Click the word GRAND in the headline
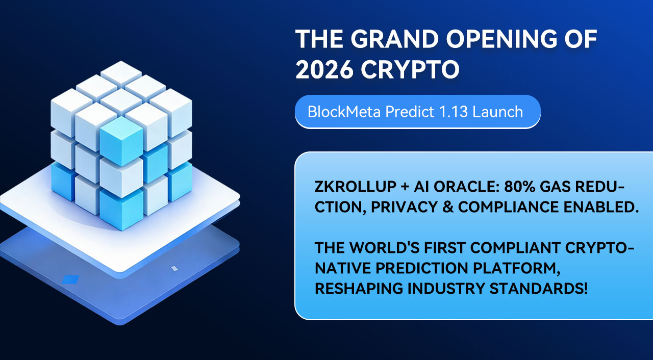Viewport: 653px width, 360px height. [x=394, y=39]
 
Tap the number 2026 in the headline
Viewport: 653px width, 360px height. [x=324, y=70]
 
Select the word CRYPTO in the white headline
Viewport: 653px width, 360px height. [x=410, y=70]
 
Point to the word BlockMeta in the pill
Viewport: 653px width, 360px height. [x=344, y=112]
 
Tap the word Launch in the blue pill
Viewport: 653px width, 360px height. [x=497, y=112]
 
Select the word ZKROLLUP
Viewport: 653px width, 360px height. [x=356, y=187]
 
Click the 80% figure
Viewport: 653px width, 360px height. [x=520, y=187]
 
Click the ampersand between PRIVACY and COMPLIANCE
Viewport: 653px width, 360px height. [x=448, y=207]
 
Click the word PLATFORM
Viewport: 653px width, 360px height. [x=516, y=268]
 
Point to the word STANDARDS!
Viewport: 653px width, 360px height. [x=538, y=289]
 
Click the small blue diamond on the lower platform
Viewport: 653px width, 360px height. [x=70, y=279]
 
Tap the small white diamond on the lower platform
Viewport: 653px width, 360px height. [x=174, y=268]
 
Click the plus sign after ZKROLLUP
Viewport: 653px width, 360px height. [x=405, y=187]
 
